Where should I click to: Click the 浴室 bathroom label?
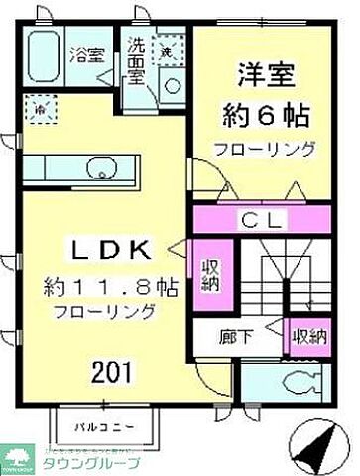point(88,56)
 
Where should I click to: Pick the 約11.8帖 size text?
point(111,287)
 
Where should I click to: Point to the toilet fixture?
point(288,382)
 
